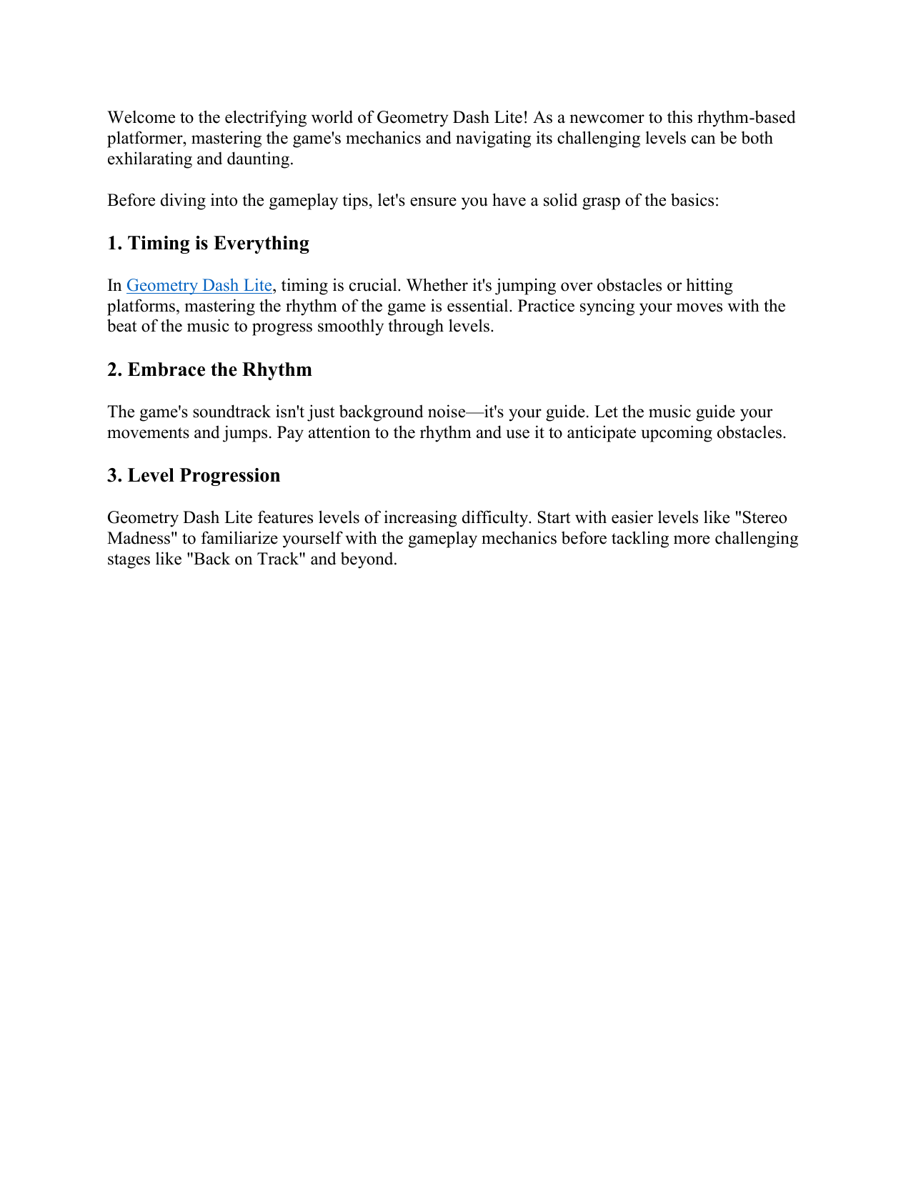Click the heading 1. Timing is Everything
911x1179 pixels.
tap(208, 243)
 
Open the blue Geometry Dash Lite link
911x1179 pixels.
tap(199, 285)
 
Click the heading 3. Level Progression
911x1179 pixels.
tap(194, 475)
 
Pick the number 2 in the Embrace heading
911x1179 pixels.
tap(112, 369)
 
